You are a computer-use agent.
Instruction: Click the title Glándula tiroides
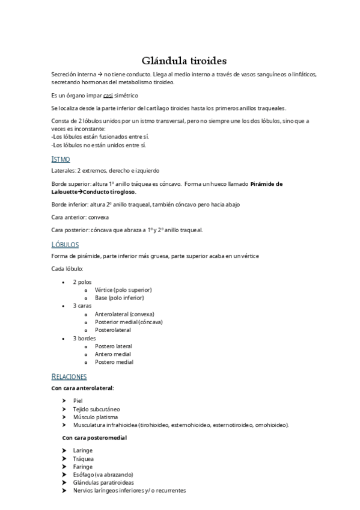coord(184,60)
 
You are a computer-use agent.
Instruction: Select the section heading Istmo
coord(61,159)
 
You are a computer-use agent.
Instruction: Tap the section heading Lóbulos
coord(65,245)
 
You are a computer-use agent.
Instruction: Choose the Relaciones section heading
coord(69,376)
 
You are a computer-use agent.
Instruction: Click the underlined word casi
coord(108,95)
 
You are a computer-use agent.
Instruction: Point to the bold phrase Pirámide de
coord(266,184)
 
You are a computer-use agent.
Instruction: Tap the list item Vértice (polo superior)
coord(123,290)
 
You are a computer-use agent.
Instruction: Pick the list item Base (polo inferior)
coord(119,298)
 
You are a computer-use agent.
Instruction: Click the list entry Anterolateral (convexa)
coord(124,314)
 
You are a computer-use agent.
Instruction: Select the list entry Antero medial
coord(114,354)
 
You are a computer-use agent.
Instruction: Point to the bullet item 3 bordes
coord(84,338)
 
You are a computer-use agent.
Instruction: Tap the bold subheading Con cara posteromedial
coord(94,438)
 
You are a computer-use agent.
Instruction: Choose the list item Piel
coord(78,400)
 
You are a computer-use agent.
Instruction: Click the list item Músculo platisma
coord(95,416)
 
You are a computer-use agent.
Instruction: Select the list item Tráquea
coord(83,458)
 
